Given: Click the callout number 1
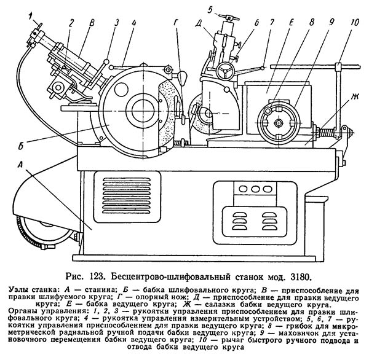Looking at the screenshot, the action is pyautogui.click(x=30, y=17).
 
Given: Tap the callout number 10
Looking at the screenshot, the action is pyautogui.click(x=354, y=23).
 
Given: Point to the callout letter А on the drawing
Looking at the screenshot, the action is pyautogui.click(x=21, y=165).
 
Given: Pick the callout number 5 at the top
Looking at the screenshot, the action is pyautogui.click(x=210, y=9).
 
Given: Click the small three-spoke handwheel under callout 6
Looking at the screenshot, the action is pyautogui.click(x=225, y=71).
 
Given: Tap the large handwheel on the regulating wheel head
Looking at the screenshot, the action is pyautogui.click(x=279, y=122).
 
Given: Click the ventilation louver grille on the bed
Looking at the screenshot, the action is pyautogui.click(x=127, y=197).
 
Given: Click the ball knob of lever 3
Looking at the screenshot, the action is pyautogui.click(x=106, y=62).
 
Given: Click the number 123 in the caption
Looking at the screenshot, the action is pyautogui.click(x=97, y=277).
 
